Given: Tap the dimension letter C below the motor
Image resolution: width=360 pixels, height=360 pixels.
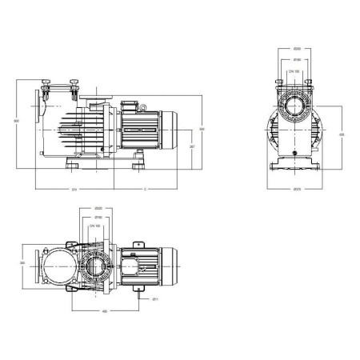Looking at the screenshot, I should [145, 190].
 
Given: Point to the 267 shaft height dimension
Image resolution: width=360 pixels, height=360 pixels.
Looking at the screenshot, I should [191, 148].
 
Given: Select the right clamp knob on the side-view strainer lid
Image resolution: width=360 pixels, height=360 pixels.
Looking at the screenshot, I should [75, 82].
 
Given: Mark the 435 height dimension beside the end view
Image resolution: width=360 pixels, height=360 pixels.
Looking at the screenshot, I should [342, 134].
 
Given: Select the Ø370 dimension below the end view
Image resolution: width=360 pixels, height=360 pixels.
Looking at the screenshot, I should [298, 190].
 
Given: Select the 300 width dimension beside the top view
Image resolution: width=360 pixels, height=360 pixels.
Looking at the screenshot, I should [22, 262].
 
